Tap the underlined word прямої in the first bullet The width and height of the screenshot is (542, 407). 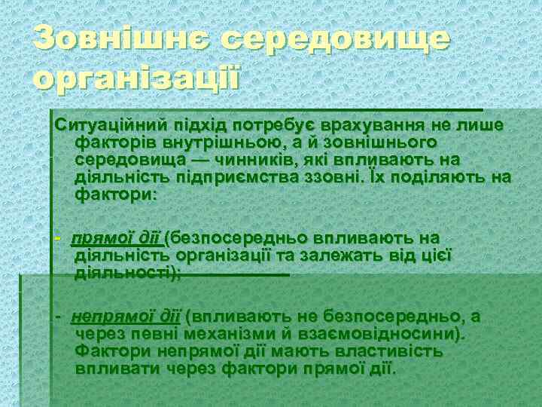(x=99, y=239)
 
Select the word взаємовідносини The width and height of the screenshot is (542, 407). (x=402, y=334)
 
